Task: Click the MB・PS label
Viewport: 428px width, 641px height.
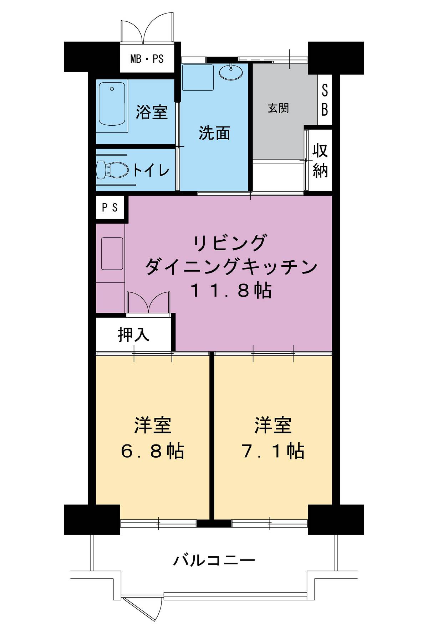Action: pos(147,58)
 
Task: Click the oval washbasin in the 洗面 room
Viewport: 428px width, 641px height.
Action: pos(230,72)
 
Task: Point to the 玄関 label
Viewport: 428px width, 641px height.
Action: pos(278,108)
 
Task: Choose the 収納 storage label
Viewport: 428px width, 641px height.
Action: pos(320,161)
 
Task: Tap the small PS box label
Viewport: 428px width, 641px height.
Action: pos(110,207)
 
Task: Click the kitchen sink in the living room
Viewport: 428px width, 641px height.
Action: pos(112,253)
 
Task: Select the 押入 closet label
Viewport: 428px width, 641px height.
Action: pos(133,334)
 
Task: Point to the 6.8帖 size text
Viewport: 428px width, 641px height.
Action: pos(152,451)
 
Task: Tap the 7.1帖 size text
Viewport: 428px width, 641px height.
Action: pos(273,451)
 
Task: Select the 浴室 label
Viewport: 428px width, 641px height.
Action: pos(152,112)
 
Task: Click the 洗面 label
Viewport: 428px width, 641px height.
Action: pos(214,133)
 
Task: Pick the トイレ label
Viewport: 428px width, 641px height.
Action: pos(151,170)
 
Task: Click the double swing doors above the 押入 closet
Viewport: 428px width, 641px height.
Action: pos(148,303)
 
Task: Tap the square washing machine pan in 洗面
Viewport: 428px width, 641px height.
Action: pos(198,77)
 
